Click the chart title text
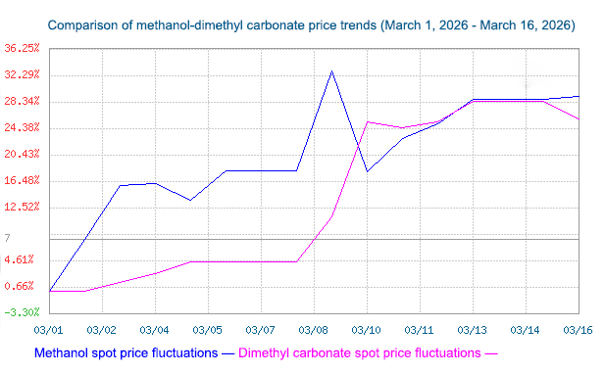[x=311, y=23]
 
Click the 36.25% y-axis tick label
[x=22, y=48]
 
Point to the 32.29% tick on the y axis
[x=22, y=74]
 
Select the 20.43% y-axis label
[x=22, y=154]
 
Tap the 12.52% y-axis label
[x=22, y=207]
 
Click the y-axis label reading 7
[x=7, y=238]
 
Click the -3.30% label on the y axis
[x=22, y=312]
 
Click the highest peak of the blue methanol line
[x=331, y=70]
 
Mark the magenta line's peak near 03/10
[x=367, y=121]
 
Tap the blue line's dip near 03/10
[x=367, y=171]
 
